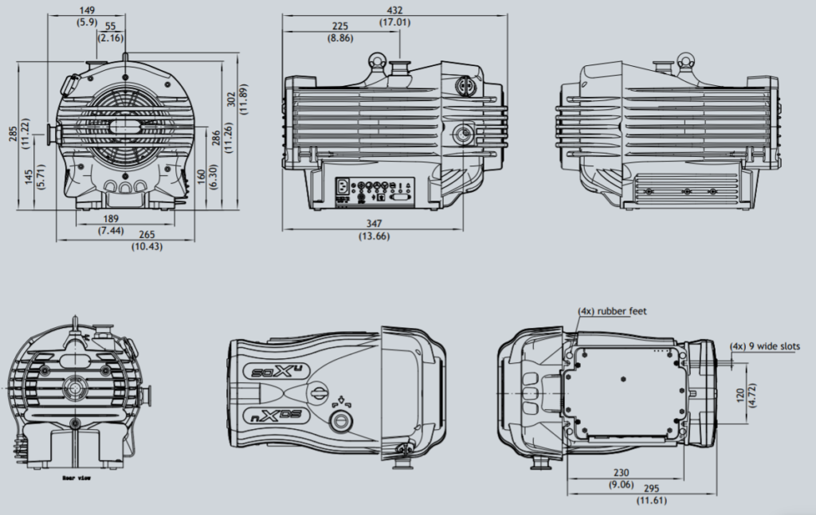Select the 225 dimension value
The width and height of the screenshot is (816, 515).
pos(340,25)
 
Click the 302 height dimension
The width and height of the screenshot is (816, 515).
pos(232,99)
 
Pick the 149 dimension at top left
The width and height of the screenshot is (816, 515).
pos(87,10)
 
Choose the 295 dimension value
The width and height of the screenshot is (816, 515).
pos(650,490)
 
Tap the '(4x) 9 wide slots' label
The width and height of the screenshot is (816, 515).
pos(765,346)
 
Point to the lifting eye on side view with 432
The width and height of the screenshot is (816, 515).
pos(376,60)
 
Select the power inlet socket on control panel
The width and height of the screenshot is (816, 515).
pos(343,188)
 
